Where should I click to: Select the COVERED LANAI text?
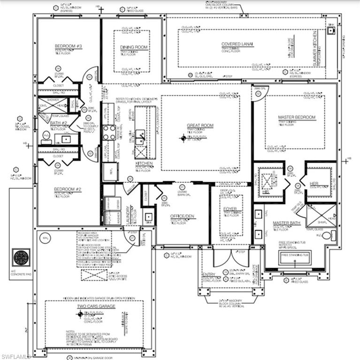coord(237,44)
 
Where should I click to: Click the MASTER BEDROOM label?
coord(297,117)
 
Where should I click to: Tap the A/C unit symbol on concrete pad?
coord(21,257)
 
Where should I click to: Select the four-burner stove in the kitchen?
coord(109,133)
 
